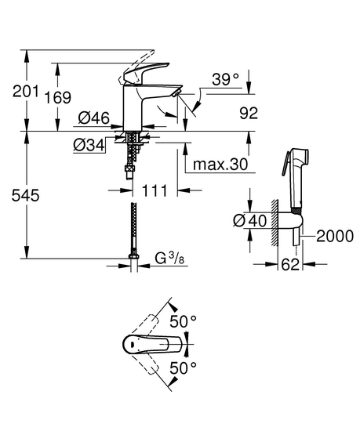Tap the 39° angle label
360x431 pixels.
[224, 79]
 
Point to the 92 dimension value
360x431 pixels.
[248, 114]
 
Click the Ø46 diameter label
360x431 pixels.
[94, 118]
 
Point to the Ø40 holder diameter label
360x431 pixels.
[249, 223]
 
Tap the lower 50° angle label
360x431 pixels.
[184, 368]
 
